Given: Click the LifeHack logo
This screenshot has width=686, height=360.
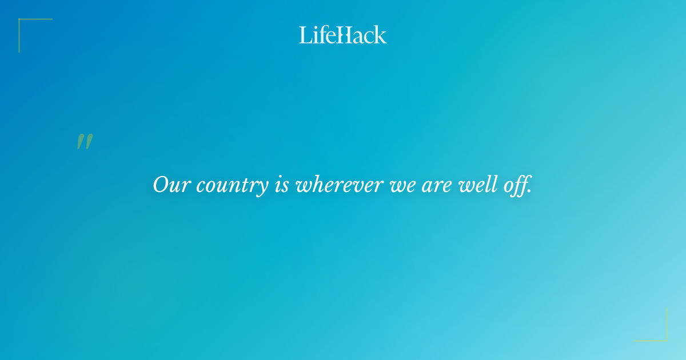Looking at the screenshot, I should [343, 35].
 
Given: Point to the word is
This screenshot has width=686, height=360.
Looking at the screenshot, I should [281, 185].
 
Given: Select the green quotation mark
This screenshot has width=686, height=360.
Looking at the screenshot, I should [85, 142].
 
